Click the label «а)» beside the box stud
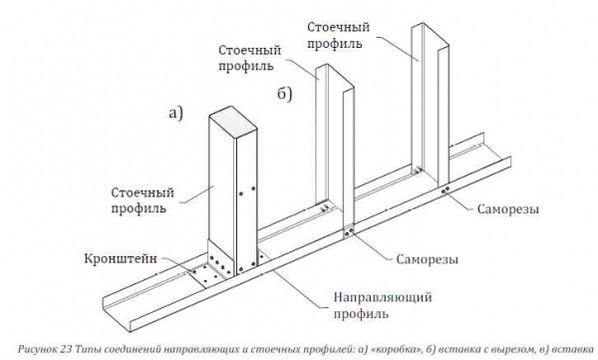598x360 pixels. click(x=175, y=113)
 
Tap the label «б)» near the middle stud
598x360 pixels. click(x=284, y=94)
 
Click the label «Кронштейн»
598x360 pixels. click(x=121, y=258)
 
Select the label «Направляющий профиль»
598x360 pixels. click(x=383, y=305)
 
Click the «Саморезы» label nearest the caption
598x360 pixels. click(x=428, y=259)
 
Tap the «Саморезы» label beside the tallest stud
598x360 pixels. click(x=508, y=209)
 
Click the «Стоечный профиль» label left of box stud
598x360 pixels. click(x=143, y=200)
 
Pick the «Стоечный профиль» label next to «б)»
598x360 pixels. click(x=250, y=58)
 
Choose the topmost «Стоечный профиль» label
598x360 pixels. click(x=339, y=35)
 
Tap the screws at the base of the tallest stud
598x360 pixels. click(x=445, y=190)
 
